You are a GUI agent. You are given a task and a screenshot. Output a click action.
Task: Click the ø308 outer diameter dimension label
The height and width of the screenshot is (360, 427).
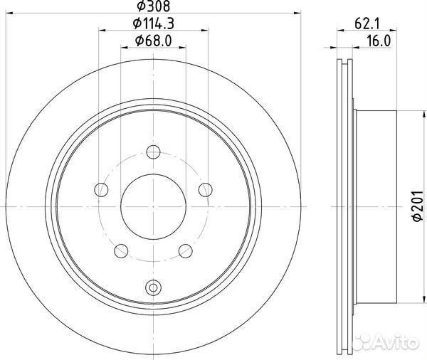153,6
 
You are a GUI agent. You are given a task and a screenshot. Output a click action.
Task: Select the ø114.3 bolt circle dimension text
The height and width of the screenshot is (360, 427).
153,23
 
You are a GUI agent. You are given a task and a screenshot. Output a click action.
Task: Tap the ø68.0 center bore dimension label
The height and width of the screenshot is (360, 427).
153,41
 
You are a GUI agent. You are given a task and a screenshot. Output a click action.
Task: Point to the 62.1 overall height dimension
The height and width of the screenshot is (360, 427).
367,24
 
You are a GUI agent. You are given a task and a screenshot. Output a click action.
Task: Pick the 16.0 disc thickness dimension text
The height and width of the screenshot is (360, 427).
379,41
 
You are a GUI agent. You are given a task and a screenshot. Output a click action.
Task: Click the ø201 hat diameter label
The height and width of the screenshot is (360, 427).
418,206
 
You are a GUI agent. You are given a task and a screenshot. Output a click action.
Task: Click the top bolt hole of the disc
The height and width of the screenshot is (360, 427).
153,152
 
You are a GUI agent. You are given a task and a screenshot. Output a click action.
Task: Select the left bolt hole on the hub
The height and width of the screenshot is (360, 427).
101,190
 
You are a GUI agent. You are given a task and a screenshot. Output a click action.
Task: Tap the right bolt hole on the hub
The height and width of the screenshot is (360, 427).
206,190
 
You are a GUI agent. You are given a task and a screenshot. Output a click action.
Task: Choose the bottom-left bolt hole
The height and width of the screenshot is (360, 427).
121,251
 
